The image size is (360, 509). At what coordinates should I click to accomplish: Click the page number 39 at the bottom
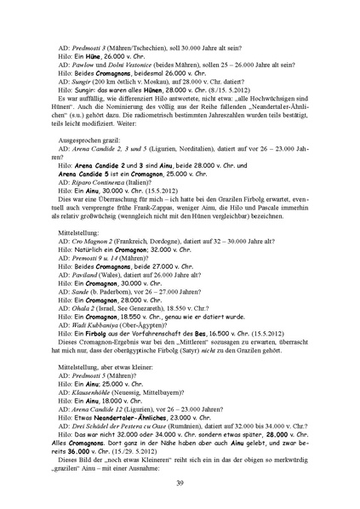point(180,483)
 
